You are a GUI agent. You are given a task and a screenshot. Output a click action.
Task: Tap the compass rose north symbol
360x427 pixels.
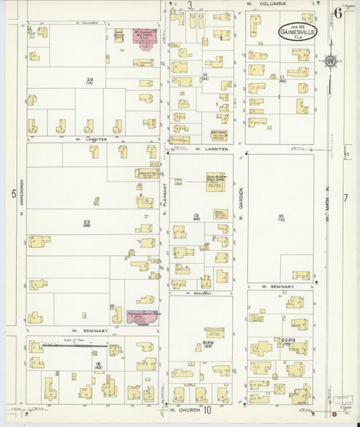(x=330, y=62)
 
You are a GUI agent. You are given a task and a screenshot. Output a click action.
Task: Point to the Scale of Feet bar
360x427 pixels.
(x=74, y=345)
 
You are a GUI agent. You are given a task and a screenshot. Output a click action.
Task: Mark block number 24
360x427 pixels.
(x=88, y=80)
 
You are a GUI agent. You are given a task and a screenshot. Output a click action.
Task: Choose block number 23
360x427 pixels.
(x=86, y=222)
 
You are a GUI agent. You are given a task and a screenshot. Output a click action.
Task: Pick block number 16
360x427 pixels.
(x=98, y=364)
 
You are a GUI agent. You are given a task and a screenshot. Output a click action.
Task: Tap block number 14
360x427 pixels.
(x=204, y=74)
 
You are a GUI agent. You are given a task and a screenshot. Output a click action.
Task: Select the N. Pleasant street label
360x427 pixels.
(x=164, y=200)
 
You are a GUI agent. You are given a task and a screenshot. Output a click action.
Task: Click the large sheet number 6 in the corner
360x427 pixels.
(x=337, y=12)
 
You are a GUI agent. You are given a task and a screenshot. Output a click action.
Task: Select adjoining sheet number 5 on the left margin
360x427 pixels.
(x=12, y=194)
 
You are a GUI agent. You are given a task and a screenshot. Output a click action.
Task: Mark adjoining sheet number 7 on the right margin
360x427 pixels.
(x=345, y=198)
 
